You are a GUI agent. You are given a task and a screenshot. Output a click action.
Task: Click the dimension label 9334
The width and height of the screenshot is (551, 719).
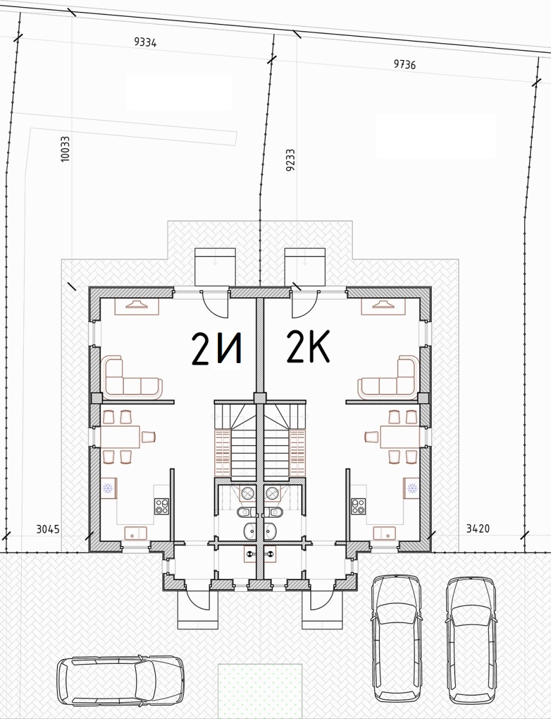[145, 42]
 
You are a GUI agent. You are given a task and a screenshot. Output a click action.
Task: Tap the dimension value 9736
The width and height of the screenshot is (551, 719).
[404, 64]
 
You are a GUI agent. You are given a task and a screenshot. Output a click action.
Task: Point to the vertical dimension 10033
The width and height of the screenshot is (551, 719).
[65, 149]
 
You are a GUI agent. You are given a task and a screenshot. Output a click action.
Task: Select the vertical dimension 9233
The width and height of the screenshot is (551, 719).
[290, 161]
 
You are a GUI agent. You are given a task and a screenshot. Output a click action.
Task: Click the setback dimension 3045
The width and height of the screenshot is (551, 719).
[48, 529]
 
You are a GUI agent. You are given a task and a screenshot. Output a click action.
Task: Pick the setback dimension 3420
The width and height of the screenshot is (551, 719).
[477, 528]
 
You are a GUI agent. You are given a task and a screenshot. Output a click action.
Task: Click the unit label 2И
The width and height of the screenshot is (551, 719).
[217, 349]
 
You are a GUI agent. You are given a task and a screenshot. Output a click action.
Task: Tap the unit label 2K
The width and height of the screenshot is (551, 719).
[308, 346]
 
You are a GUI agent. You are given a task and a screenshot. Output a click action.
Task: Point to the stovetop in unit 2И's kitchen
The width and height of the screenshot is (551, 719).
[162, 506]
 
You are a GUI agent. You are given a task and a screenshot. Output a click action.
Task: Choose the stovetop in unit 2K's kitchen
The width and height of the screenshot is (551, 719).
[358, 506]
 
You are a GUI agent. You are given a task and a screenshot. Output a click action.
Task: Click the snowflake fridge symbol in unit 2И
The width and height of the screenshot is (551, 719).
[107, 488]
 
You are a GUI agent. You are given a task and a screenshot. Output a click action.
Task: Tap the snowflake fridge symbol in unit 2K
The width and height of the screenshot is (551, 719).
[412, 488]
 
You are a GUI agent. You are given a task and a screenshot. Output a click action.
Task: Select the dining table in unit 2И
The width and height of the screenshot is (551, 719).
[120, 437]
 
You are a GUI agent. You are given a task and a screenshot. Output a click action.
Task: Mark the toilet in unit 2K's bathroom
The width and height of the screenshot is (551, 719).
[274, 512]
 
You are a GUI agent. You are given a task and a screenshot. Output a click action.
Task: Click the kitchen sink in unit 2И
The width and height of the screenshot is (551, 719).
[135, 533]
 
